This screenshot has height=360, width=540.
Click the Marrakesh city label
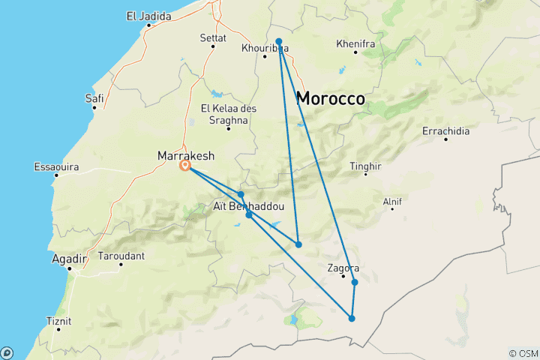(x=185, y=155)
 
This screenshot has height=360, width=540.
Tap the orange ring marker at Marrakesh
(x=185, y=166)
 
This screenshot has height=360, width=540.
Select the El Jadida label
(x=148, y=16)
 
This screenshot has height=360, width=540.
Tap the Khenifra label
(x=355, y=44)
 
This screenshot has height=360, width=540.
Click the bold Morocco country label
(x=331, y=97)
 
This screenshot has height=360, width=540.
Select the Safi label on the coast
(x=94, y=97)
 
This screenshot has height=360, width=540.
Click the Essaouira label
(x=57, y=166)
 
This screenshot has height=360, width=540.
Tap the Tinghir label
(x=366, y=166)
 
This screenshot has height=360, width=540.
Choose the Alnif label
(x=392, y=200)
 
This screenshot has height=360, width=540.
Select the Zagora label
(x=343, y=268)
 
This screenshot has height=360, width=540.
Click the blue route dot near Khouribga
(x=279, y=42)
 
